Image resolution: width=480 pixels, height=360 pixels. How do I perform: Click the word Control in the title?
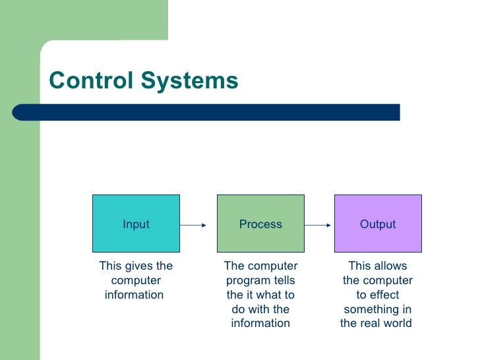90,81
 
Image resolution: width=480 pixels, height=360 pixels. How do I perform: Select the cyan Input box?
136,224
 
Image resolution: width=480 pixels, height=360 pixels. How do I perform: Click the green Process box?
260,224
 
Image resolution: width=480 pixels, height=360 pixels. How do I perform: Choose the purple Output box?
378,224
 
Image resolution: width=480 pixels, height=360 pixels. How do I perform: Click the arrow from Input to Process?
193,225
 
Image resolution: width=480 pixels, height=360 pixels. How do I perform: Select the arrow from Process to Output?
318,225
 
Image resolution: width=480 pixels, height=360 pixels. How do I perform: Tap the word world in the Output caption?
398,324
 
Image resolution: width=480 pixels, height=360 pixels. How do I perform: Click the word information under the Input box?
134,295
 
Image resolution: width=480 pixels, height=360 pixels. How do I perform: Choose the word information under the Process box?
260,324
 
